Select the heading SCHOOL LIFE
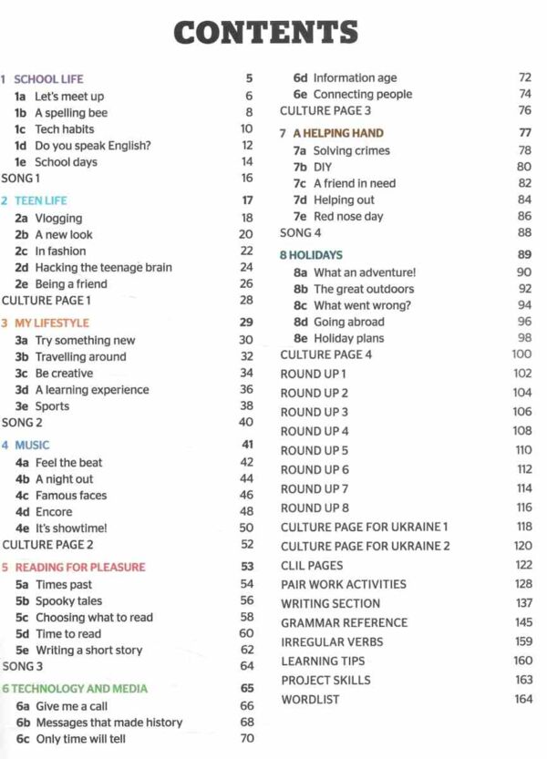pyautogui.click(x=48, y=79)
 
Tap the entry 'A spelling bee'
pyautogui.click(x=71, y=113)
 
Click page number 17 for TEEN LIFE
pyautogui.click(x=247, y=200)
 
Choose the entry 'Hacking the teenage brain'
pyautogui.click(x=103, y=268)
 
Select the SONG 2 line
pyautogui.click(x=23, y=423)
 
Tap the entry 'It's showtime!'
pyautogui.click(x=71, y=528)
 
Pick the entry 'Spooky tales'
pyautogui.click(x=68, y=601)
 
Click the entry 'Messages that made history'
pyautogui.click(x=108, y=723)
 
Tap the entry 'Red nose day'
pyautogui.click(x=348, y=217)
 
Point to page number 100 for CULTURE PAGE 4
pyautogui.click(x=521, y=354)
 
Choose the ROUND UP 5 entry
pyautogui.click(x=315, y=451)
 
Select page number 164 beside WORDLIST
pyautogui.click(x=522, y=700)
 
